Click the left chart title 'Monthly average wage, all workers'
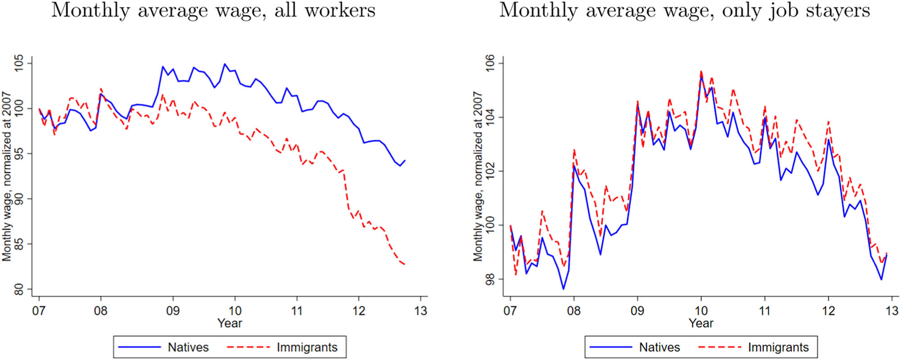[x=213, y=10]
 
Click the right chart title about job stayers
[x=684, y=10]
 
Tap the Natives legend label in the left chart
[x=188, y=347]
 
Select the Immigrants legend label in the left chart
[x=307, y=347]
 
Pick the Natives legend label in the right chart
[x=660, y=347]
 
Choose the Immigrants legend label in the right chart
[x=778, y=347]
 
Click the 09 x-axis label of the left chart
[x=173, y=311]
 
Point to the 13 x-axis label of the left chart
[x=420, y=311]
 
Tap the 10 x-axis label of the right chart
[x=701, y=311]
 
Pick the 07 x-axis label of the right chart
[x=510, y=311]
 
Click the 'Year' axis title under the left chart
[x=230, y=323]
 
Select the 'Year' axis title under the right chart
[x=701, y=323]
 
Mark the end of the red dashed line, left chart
[x=405, y=264]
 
